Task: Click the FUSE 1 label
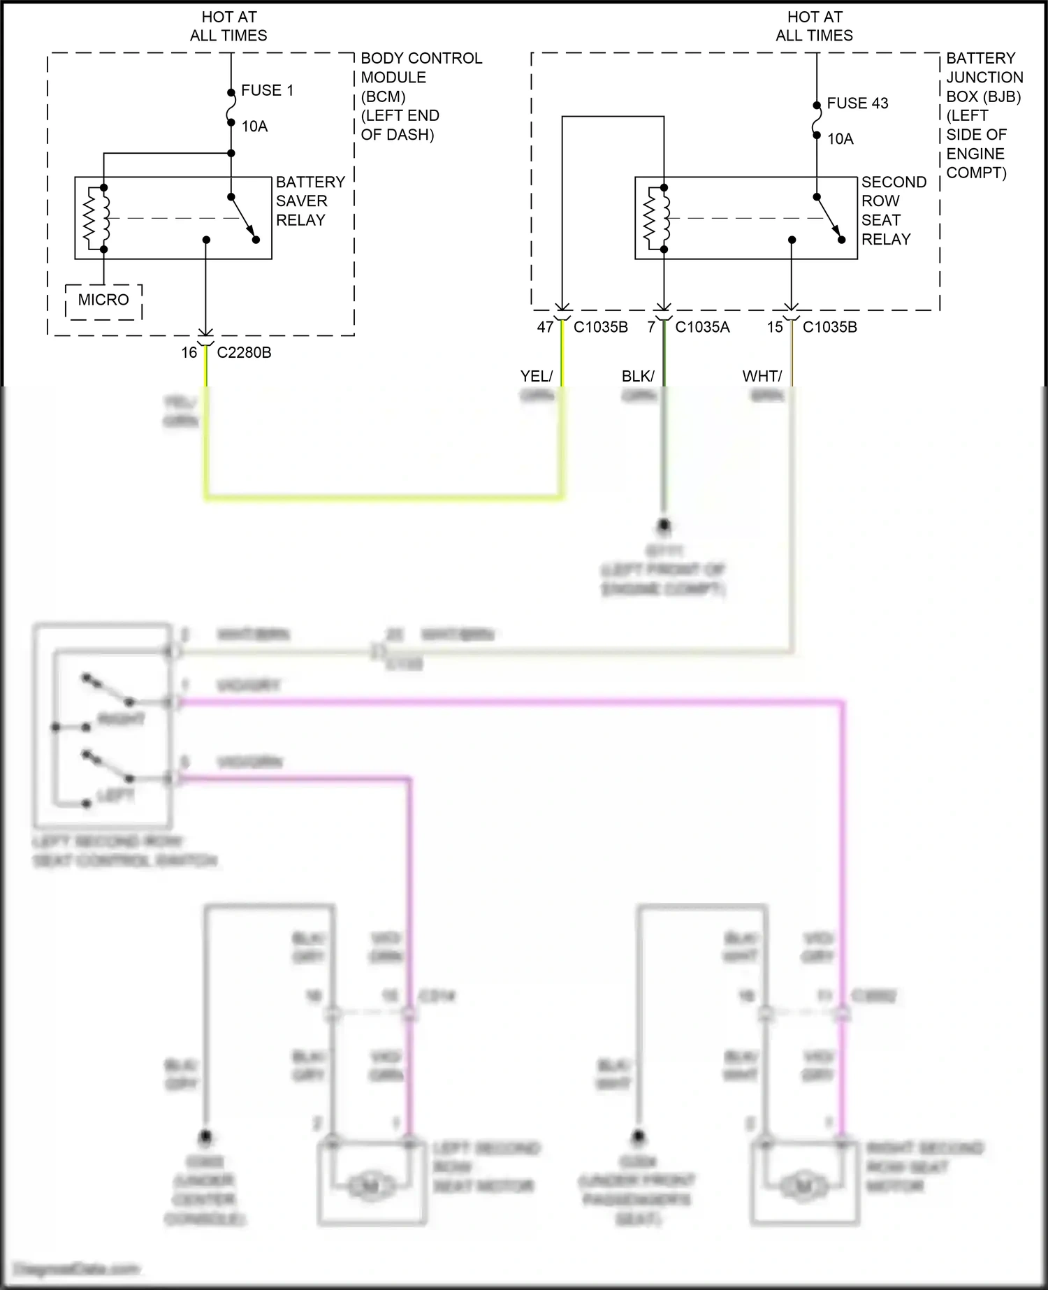coord(267,90)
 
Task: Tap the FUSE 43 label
coord(857,103)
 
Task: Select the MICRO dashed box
coord(103,300)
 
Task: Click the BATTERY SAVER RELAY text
coord(310,201)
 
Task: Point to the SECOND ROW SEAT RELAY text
coord(893,210)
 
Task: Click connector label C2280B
coord(244,353)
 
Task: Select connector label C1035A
coord(702,327)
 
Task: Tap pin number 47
coord(545,327)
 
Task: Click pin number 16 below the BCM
coord(189,353)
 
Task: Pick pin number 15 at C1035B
coord(775,327)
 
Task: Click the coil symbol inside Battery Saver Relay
coord(97,218)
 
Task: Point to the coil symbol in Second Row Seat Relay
coord(657,218)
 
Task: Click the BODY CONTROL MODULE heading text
coord(420,68)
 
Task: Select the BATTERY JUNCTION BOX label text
coord(984,78)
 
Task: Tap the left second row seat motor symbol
coord(371,1185)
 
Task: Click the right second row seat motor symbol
coord(803,1185)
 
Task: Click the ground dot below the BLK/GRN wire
coord(664,524)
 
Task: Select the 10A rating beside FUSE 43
coord(840,139)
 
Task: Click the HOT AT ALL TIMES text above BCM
coord(228,26)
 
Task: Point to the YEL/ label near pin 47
coord(536,377)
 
